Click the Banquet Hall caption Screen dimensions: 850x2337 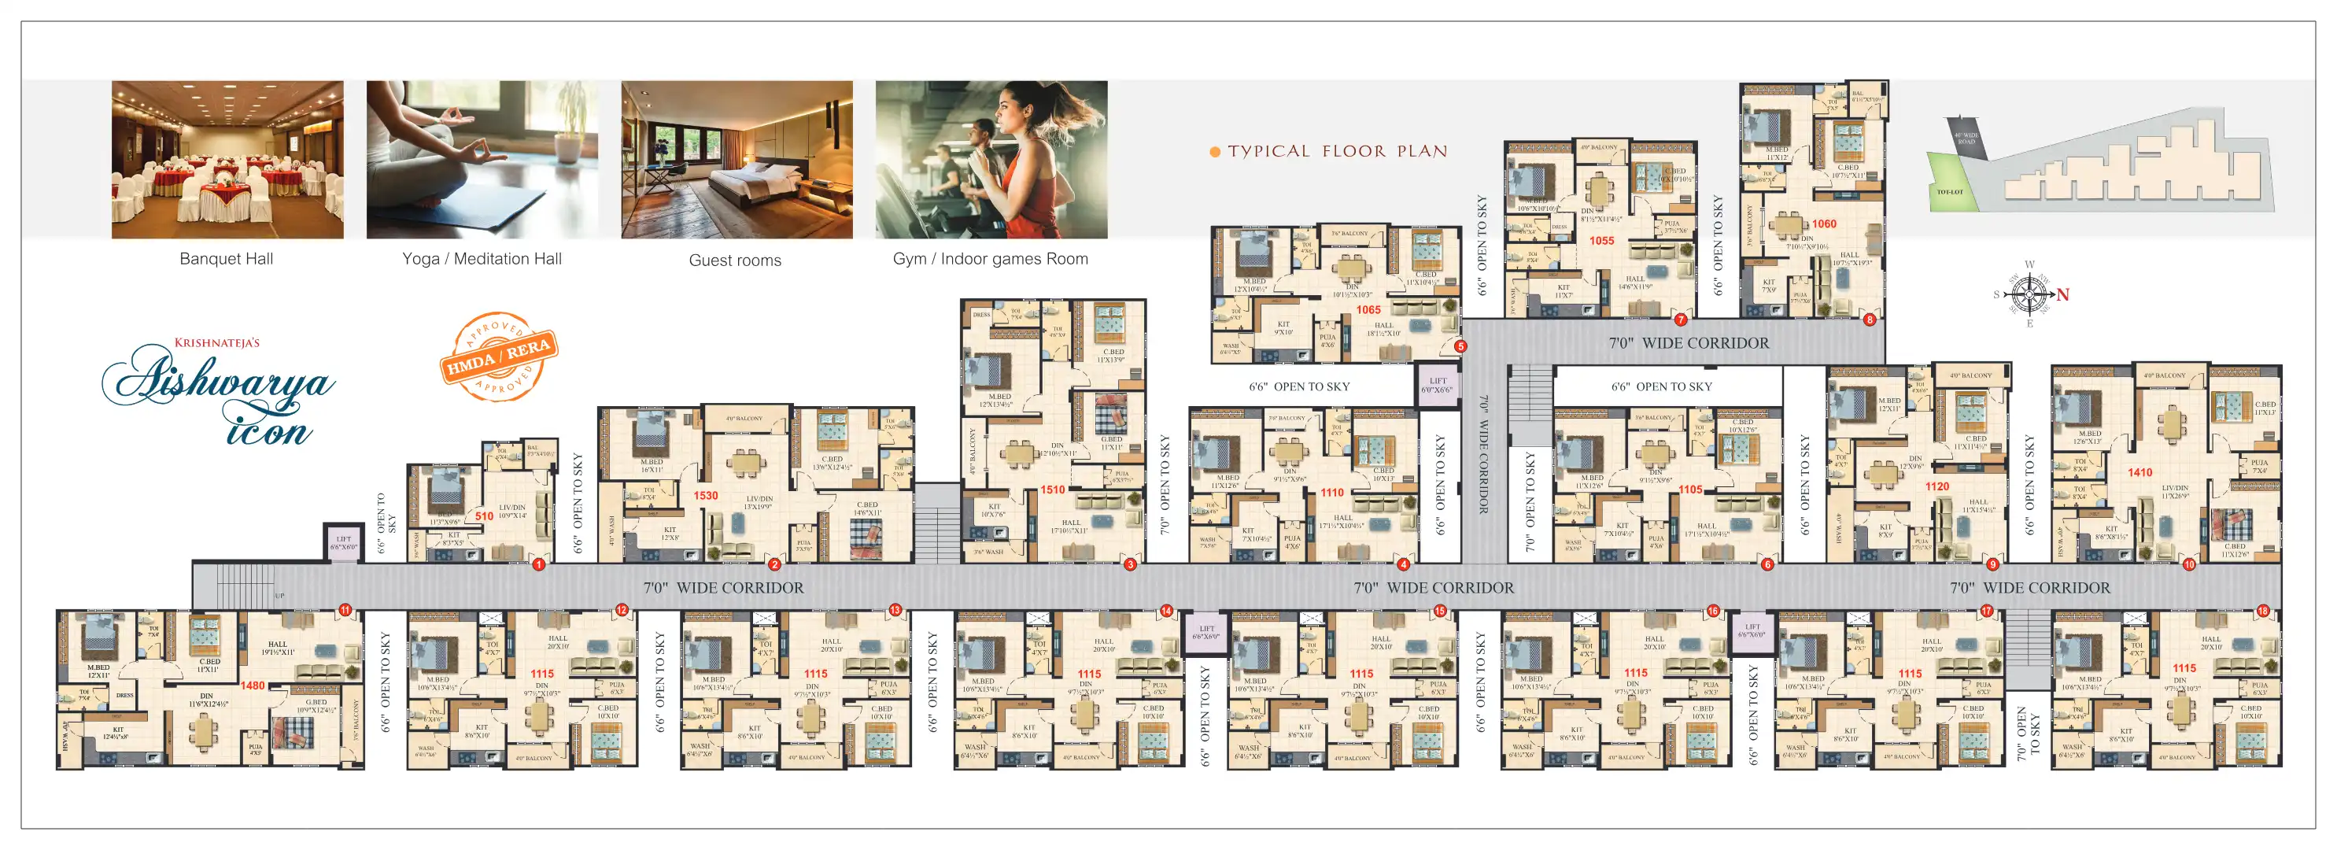pos(226,258)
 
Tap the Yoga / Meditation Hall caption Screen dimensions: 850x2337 pos(482,258)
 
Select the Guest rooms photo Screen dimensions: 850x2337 pos(737,160)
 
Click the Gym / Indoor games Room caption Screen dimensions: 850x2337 pos(990,258)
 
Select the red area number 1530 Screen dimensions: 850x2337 pos(706,496)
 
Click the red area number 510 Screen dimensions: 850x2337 pos(485,516)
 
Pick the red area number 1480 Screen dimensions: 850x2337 pos(253,686)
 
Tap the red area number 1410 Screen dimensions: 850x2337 pos(2140,473)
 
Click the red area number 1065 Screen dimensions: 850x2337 pos(1368,310)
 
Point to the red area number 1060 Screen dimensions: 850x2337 pos(1823,224)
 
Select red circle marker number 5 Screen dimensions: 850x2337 pos(1460,346)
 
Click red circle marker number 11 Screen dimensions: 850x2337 pos(345,611)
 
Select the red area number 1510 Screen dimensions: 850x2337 pos(1052,490)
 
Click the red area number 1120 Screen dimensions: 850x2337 pos(1937,487)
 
